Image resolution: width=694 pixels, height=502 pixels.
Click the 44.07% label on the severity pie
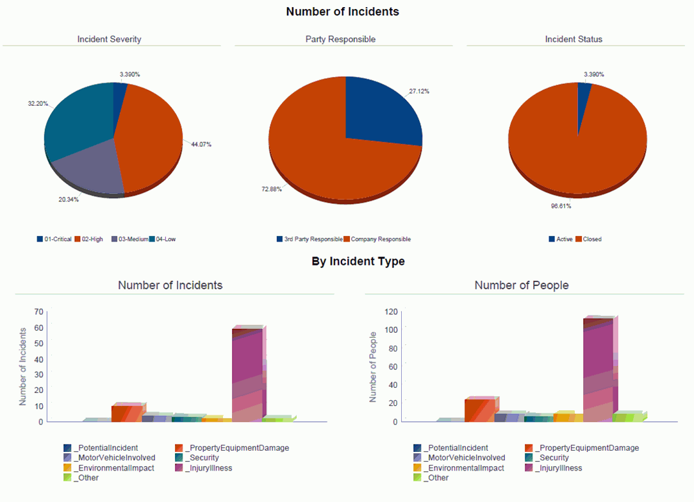point(201,144)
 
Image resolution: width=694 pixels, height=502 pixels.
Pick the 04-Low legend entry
point(163,239)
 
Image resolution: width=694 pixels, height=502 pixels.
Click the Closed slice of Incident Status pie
point(577,147)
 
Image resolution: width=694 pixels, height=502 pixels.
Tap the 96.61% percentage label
point(561,206)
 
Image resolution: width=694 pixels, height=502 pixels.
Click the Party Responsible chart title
point(340,39)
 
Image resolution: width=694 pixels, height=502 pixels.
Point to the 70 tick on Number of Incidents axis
point(38,312)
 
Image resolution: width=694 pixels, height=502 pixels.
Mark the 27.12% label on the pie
point(419,92)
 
